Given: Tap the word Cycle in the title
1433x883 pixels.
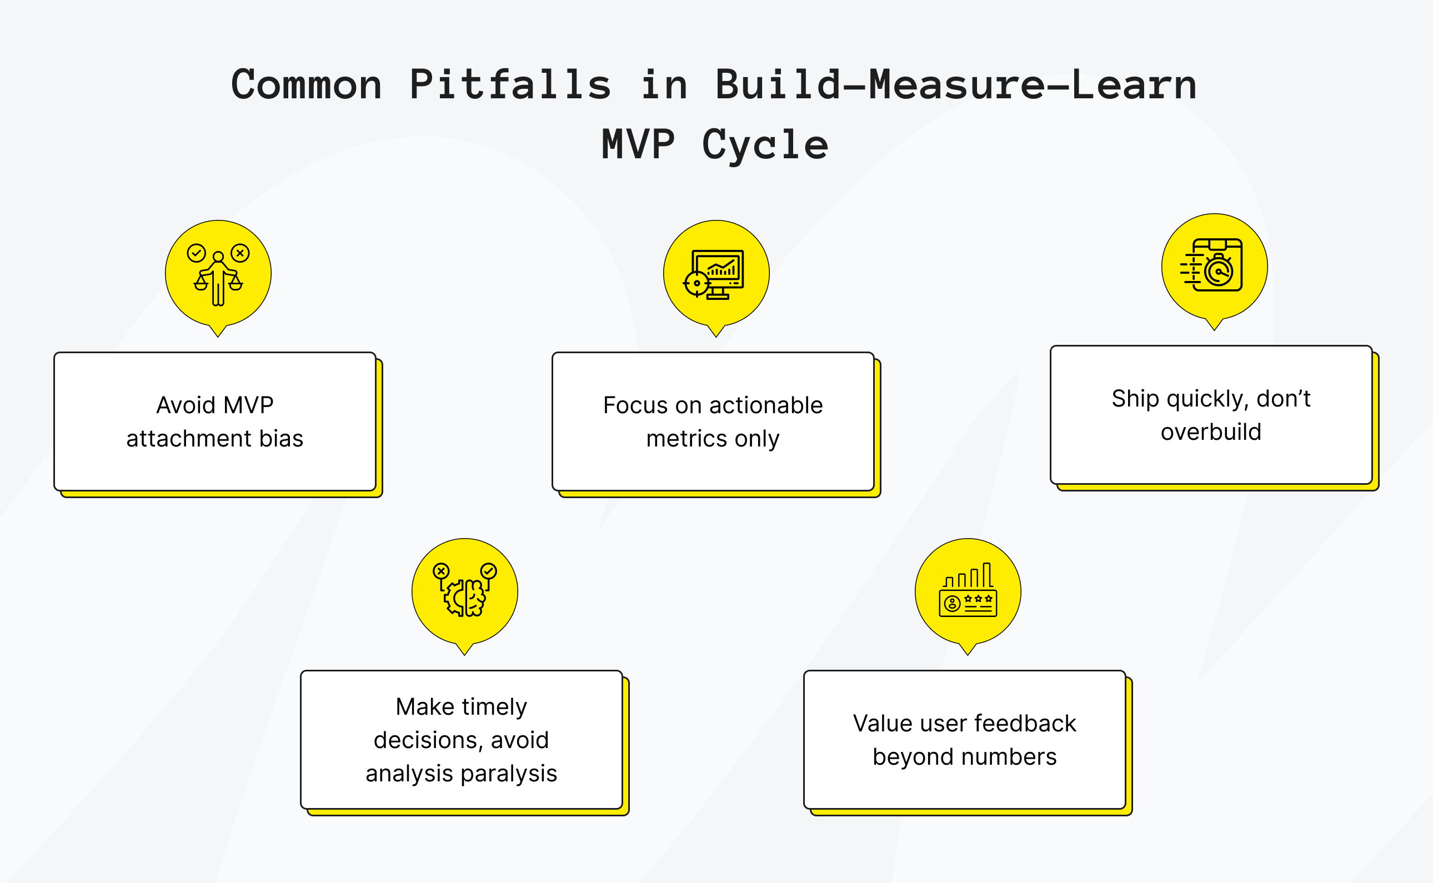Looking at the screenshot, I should (765, 145).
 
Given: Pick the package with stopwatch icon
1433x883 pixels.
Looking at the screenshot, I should (1213, 265).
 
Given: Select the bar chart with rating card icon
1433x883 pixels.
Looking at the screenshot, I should (968, 591).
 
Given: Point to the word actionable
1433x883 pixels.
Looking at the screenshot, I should (766, 405).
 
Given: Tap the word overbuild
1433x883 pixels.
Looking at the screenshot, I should (1210, 432).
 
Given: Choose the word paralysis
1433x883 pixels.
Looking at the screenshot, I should (509, 773).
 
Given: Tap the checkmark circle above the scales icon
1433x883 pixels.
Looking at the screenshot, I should (196, 253).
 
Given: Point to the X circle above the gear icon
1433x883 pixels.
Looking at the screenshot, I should (441, 570).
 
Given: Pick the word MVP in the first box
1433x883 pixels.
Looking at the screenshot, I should (248, 405).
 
